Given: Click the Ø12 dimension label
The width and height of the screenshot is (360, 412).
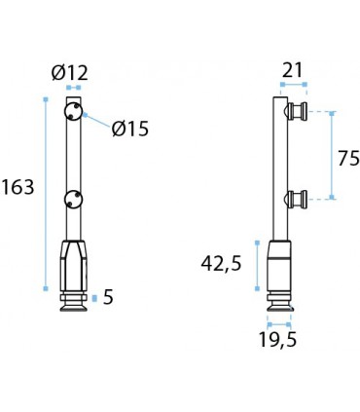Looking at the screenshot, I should pos(71,71).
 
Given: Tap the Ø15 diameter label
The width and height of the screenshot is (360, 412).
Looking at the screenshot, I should pos(130,128).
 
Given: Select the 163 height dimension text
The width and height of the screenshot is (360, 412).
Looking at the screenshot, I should pos(18,187).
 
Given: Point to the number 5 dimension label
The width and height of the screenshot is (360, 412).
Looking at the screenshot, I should pos(108,297).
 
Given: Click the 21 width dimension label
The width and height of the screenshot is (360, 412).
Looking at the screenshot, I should pos(293,69).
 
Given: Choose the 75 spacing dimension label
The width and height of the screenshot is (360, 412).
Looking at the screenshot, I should pos(348,159).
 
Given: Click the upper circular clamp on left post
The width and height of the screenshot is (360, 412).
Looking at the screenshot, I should pos(73,113).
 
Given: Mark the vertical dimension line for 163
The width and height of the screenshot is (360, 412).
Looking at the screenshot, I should pos(45,195).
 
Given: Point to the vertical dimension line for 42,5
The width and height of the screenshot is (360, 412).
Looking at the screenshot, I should pos(256,265).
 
